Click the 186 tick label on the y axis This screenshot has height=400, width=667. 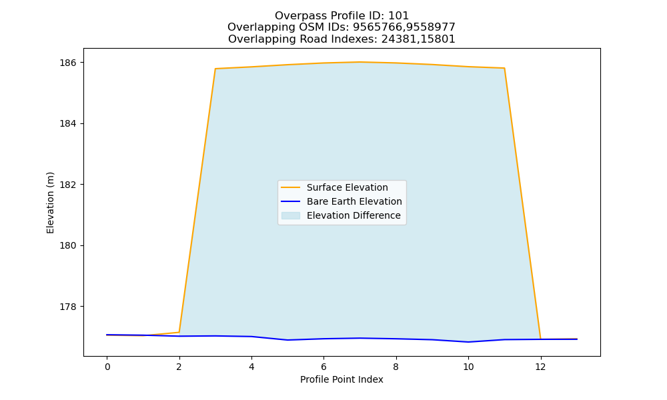(x=68, y=63)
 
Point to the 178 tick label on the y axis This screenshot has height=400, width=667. (x=68, y=307)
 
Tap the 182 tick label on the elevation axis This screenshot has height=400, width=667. (x=68, y=185)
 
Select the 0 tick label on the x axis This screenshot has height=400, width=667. (x=107, y=367)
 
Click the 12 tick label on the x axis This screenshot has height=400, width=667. (x=540, y=367)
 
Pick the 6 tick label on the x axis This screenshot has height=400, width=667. (x=323, y=367)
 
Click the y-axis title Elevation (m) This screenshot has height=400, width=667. (x=50, y=203)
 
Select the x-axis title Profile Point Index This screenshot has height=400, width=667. (x=342, y=379)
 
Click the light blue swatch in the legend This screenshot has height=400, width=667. (x=291, y=215)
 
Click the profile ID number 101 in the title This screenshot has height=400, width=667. (x=399, y=16)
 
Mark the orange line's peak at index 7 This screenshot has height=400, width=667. (x=360, y=62)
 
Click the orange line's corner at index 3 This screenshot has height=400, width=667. (x=215, y=69)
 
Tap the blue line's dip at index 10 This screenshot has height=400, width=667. (x=468, y=342)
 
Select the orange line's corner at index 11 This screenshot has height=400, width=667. (x=504, y=68)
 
